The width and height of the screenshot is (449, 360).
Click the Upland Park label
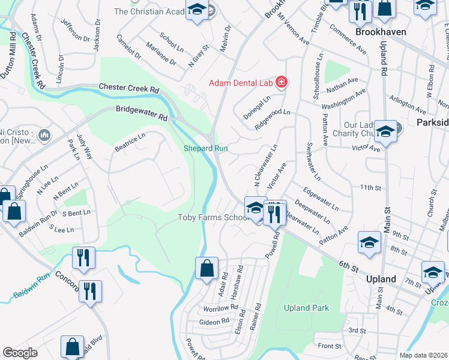click(306, 308)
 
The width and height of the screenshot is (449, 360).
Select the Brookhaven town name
click(381, 32)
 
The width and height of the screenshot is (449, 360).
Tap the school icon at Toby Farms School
click(256, 208)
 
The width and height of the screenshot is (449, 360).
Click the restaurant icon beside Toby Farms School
click(274, 212)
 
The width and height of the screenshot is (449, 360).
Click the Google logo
click(20, 352)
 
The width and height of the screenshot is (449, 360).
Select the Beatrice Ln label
click(130, 142)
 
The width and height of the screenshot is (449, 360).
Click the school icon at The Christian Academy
click(196, 10)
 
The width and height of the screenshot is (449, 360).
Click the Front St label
click(330, 346)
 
